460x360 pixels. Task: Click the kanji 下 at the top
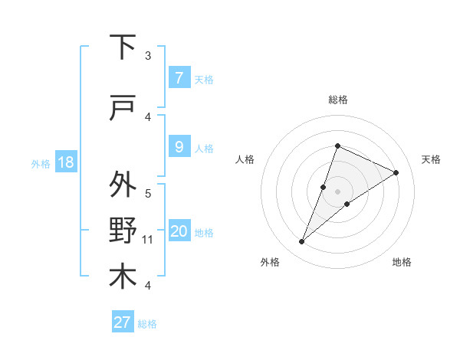[123, 47]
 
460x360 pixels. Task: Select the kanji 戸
[123, 109]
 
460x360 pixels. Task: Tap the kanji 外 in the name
[123, 185]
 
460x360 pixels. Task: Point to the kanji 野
[123, 231]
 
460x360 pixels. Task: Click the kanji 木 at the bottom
[123, 277]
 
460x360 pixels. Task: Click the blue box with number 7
[179, 78]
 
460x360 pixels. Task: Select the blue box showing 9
[179, 147]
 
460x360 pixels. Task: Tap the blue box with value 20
[179, 231]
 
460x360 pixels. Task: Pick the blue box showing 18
[65, 162]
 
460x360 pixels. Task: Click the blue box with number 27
[123, 322]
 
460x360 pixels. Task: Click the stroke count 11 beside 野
[148, 240]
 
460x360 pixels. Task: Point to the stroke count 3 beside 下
[148, 56]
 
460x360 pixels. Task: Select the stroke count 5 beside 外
[148, 194]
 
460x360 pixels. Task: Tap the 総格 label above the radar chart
[337, 100]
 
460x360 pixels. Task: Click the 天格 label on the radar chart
[431, 159]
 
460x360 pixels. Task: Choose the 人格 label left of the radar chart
[245, 159]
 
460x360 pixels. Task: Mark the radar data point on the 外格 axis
[302, 242]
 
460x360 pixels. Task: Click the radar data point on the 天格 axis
[396, 173]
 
